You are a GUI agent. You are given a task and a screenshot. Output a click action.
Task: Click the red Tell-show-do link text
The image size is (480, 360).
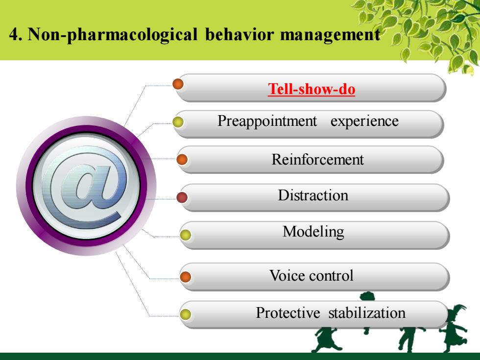312,89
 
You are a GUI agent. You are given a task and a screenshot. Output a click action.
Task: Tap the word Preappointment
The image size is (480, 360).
267,121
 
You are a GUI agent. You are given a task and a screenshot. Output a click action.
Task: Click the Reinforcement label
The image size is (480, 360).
317,160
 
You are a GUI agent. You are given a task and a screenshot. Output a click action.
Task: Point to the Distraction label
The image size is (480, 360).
313,195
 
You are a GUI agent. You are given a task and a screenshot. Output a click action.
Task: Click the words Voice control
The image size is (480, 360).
312,275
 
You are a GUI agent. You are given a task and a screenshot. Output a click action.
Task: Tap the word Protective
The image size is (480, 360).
288,313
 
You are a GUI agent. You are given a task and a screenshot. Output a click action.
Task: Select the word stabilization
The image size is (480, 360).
367,313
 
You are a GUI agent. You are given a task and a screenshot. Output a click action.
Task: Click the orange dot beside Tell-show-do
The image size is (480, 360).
178,84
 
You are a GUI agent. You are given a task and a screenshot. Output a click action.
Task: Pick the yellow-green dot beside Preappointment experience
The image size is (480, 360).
178,122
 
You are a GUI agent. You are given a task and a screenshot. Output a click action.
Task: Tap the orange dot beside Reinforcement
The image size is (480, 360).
182,160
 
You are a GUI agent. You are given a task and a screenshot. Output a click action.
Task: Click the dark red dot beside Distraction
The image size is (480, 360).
182,197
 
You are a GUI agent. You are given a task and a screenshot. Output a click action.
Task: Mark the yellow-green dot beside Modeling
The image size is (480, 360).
185,235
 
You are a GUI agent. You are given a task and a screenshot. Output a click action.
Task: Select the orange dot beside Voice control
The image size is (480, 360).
185,277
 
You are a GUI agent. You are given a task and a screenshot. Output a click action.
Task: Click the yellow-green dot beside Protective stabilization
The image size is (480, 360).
185,314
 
